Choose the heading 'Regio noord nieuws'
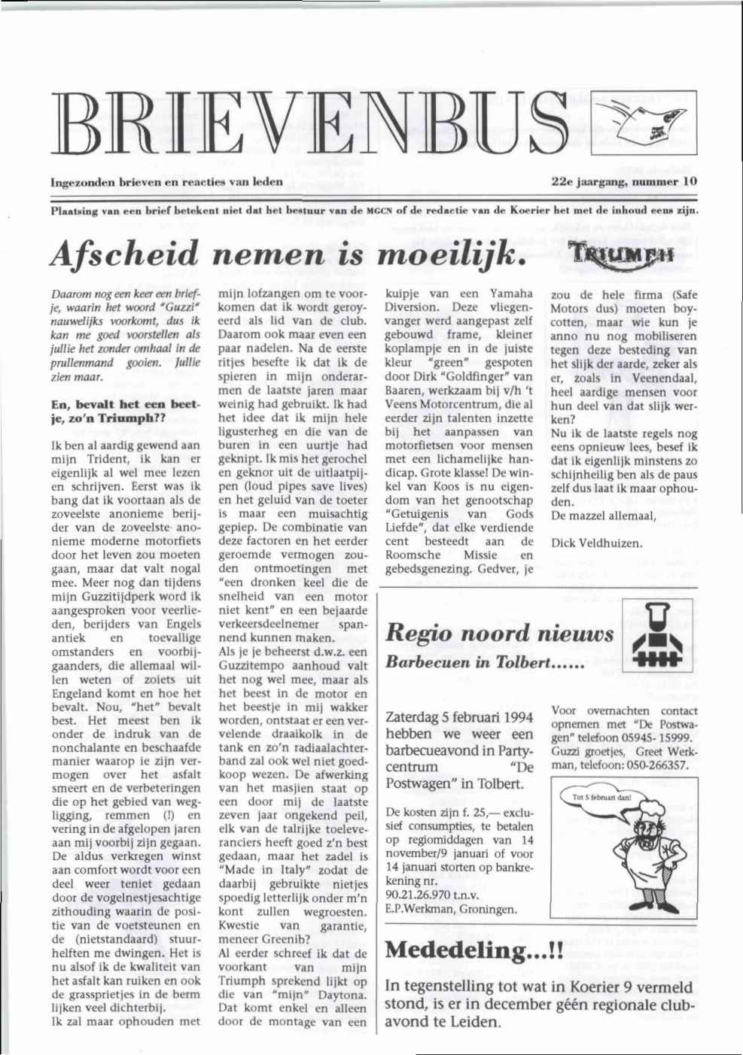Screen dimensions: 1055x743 (500, 634)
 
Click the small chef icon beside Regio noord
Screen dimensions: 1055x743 (659, 638)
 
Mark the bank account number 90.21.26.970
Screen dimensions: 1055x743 (419, 895)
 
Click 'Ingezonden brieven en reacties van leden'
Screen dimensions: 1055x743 (166, 181)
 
